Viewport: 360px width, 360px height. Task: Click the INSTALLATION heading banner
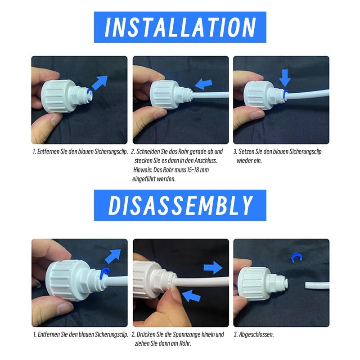180,27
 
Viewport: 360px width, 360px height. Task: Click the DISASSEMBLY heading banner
180,205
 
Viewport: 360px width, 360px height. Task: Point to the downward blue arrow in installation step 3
285,77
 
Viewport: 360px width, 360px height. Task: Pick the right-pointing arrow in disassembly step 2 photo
213,269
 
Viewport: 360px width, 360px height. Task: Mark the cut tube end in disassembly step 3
317,285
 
